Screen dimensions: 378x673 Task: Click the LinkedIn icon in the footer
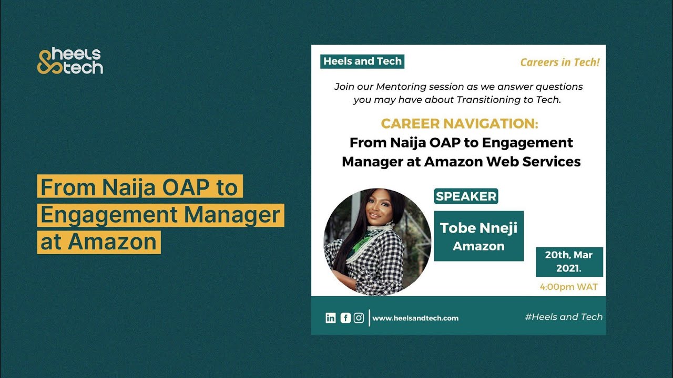tap(331, 318)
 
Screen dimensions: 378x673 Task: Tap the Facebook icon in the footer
tap(345, 318)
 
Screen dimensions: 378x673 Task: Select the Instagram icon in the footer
tap(359, 318)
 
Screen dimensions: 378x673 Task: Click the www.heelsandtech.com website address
tap(415, 318)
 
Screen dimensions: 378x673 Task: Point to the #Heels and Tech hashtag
tap(564, 317)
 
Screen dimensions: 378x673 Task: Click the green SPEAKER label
tap(466, 196)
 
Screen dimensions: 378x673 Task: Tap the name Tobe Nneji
tap(478, 228)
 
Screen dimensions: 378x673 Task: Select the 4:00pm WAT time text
tap(569, 287)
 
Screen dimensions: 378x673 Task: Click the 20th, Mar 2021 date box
tap(569, 261)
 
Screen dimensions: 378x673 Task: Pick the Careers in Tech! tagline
tap(560, 62)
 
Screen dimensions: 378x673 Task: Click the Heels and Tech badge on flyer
tap(362, 61)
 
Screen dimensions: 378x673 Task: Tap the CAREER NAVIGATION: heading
tap(460, 124)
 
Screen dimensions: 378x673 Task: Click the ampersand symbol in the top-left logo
tap(45, 61)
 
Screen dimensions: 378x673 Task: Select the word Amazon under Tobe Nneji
tap(478, 246)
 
